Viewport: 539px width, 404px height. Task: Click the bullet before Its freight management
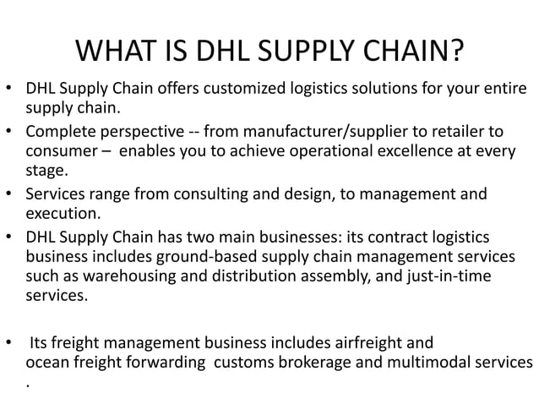[8, 343]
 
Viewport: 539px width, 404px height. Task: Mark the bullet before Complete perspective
[8, 133]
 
